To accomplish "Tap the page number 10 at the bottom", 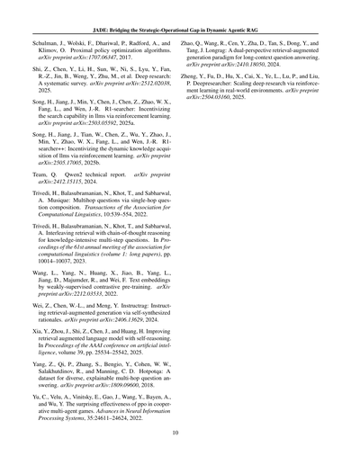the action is (x=180, y=432).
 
